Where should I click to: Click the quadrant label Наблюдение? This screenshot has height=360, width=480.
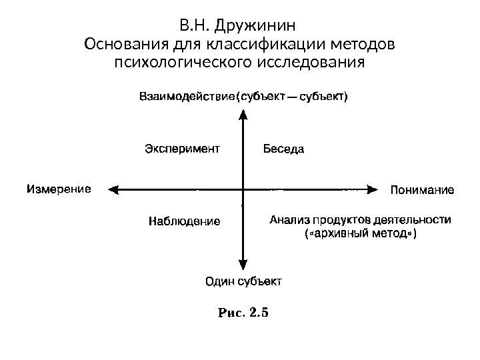click(x=183, y=221)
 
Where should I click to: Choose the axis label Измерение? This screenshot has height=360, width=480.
click(x=58, y=189)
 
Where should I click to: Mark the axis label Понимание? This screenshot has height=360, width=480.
click(x=421, y=190)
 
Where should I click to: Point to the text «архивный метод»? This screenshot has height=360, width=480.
click(x=359, y=234)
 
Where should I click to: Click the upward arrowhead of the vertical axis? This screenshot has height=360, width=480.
click(x=243, y=113)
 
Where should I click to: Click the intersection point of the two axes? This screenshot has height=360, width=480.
click(x=243, y=189)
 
